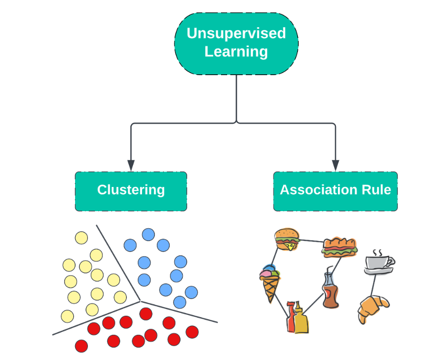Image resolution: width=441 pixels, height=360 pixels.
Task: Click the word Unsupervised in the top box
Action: coord(236,33)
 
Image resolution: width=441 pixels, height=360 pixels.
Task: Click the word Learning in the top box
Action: coord(236,51)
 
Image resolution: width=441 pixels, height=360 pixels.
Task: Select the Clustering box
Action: coord(131,191)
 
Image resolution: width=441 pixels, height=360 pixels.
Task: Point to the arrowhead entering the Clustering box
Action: coord(131,165)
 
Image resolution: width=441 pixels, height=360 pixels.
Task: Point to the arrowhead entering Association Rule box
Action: coord(336,165)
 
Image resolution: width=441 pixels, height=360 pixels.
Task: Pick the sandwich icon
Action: coord(339,247)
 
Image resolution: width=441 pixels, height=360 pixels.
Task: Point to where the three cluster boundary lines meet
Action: coord(140,301)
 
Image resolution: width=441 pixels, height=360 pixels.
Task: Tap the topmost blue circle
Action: coord(148,234)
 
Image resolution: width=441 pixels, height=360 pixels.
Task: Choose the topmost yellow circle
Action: coord(81,238)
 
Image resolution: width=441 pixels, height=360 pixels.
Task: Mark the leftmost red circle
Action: coord(81,346)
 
